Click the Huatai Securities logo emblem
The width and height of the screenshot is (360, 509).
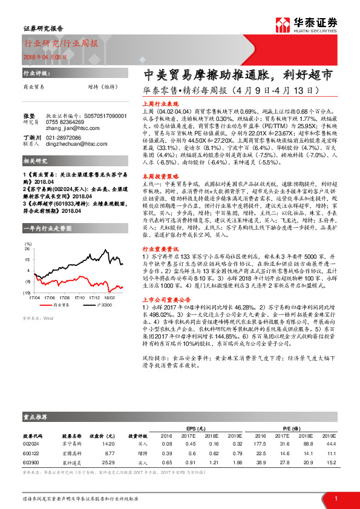283,24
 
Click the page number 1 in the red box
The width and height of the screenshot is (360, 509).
335,499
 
